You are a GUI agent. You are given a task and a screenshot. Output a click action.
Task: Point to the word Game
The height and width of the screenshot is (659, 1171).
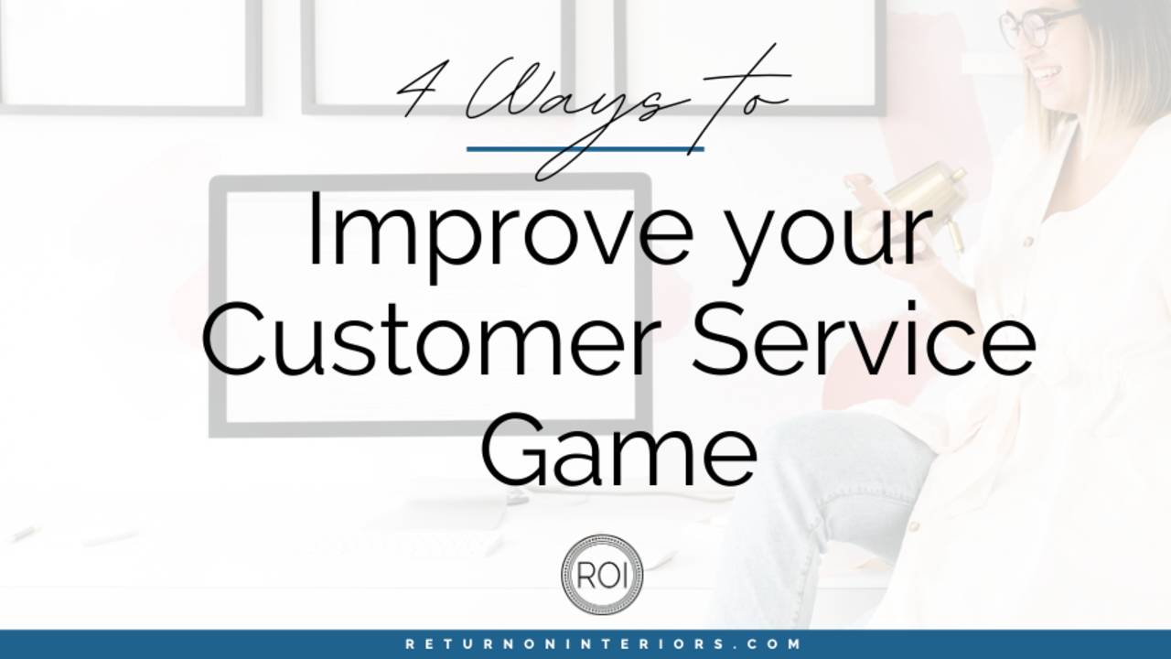pyautogui.click(x=618, y=450)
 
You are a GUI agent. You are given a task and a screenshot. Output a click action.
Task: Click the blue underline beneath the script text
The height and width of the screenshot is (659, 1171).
pyautogui.click(x=585, y=148)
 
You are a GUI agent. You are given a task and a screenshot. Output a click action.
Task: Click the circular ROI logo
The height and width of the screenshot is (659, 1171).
pyautogui.click(x=602, y=574)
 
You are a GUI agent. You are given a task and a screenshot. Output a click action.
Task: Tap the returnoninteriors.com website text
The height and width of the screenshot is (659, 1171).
pyautogui.click(x=604, y=644)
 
